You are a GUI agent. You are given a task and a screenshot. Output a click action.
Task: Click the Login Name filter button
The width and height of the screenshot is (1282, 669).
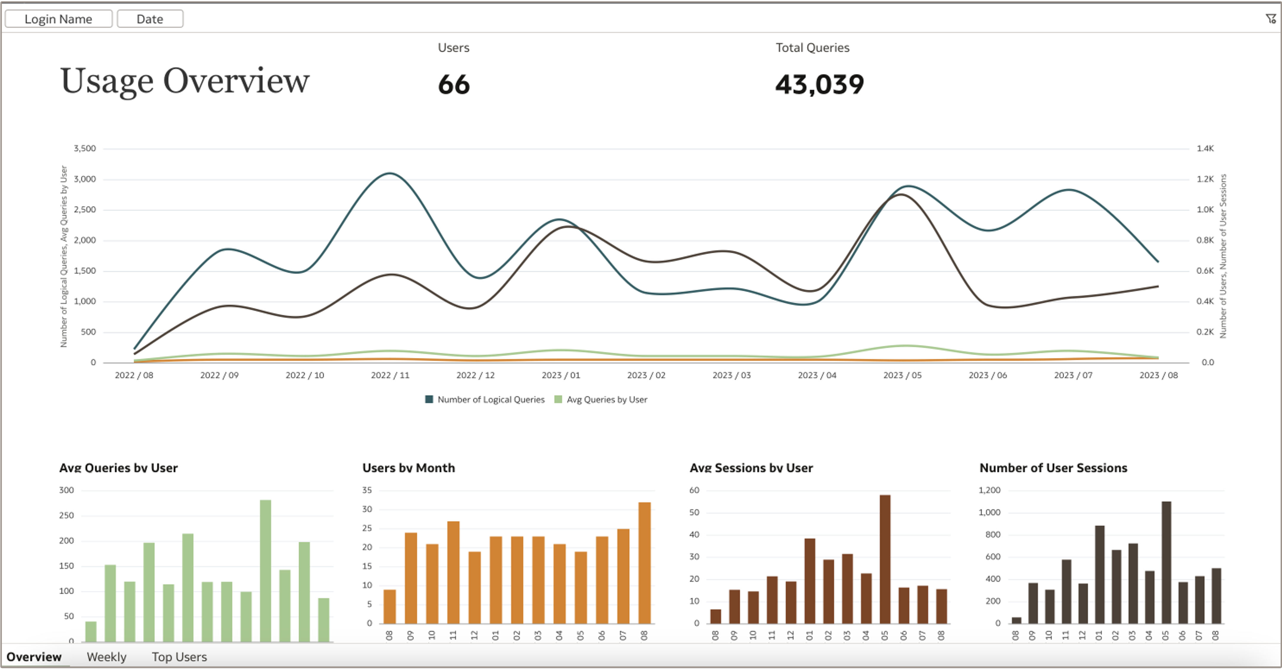[58, 19]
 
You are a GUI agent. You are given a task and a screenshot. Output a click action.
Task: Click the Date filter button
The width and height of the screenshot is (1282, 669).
[150, 19]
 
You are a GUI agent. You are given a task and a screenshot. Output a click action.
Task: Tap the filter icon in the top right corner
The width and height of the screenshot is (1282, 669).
[1270, 19]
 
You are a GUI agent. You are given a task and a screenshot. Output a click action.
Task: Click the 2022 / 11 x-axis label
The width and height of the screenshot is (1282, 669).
[390, 375]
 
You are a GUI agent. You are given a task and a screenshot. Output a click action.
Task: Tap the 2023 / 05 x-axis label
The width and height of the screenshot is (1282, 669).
[902, 375]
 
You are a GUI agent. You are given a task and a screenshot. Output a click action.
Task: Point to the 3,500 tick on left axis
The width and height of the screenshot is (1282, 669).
[84, 148]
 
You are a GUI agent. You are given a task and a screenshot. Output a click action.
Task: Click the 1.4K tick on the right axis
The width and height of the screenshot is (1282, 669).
[1205, 148]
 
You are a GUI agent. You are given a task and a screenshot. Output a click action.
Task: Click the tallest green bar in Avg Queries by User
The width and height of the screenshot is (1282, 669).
[265, 569]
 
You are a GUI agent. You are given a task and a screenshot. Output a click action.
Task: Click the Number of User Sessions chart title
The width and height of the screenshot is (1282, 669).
[1053, 468]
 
